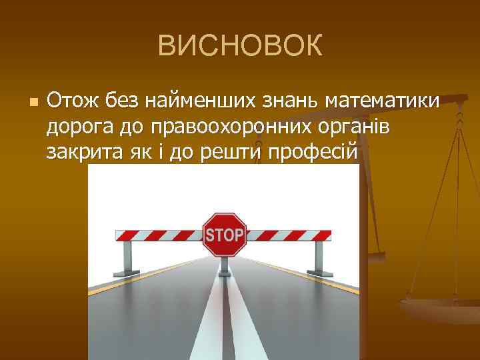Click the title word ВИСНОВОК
[x=240, y=47]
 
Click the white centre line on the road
[x=224, y=320]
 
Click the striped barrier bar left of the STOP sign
[x=160, y=235]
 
